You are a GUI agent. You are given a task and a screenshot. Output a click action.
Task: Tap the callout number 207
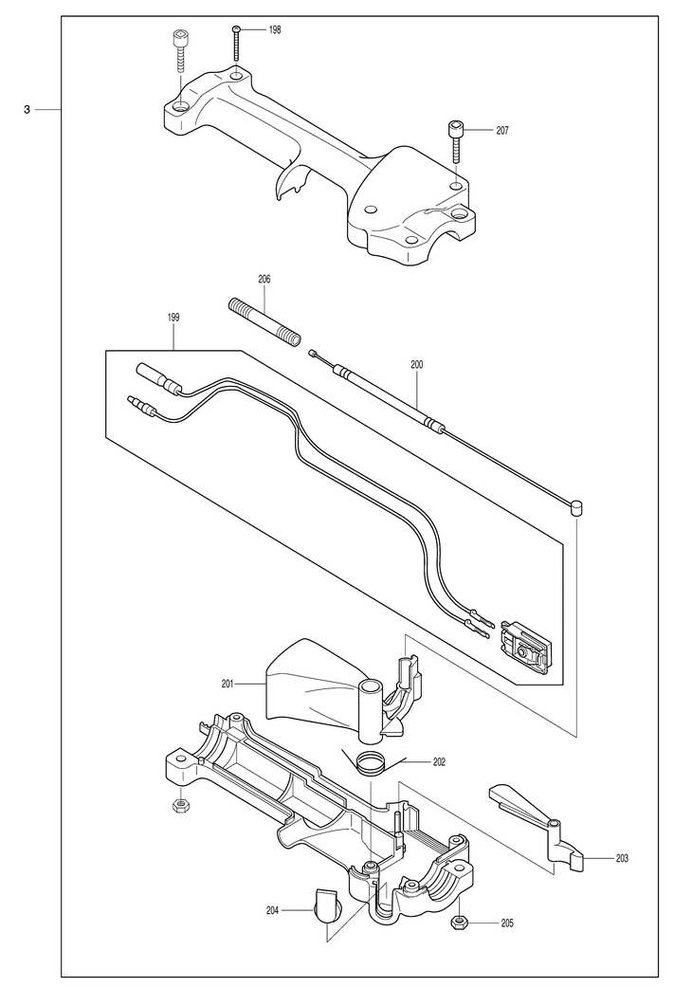coord(502,130)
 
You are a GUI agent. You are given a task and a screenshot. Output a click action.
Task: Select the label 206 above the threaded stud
coord(264,279)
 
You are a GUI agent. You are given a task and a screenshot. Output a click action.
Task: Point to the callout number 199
coord(173,318)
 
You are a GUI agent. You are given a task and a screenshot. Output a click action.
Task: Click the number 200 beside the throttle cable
coord(416,364)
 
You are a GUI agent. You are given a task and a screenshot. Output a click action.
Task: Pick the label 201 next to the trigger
coord(228,684)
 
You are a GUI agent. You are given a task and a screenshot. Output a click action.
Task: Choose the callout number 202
coord(439,761)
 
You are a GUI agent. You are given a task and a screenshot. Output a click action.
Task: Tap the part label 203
coord(621,857)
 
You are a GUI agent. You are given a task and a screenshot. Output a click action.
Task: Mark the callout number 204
coord(272,909)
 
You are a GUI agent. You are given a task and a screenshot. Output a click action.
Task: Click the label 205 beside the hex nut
coord(507,923)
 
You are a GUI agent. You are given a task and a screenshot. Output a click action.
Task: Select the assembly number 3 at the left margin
coord(27,110)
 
